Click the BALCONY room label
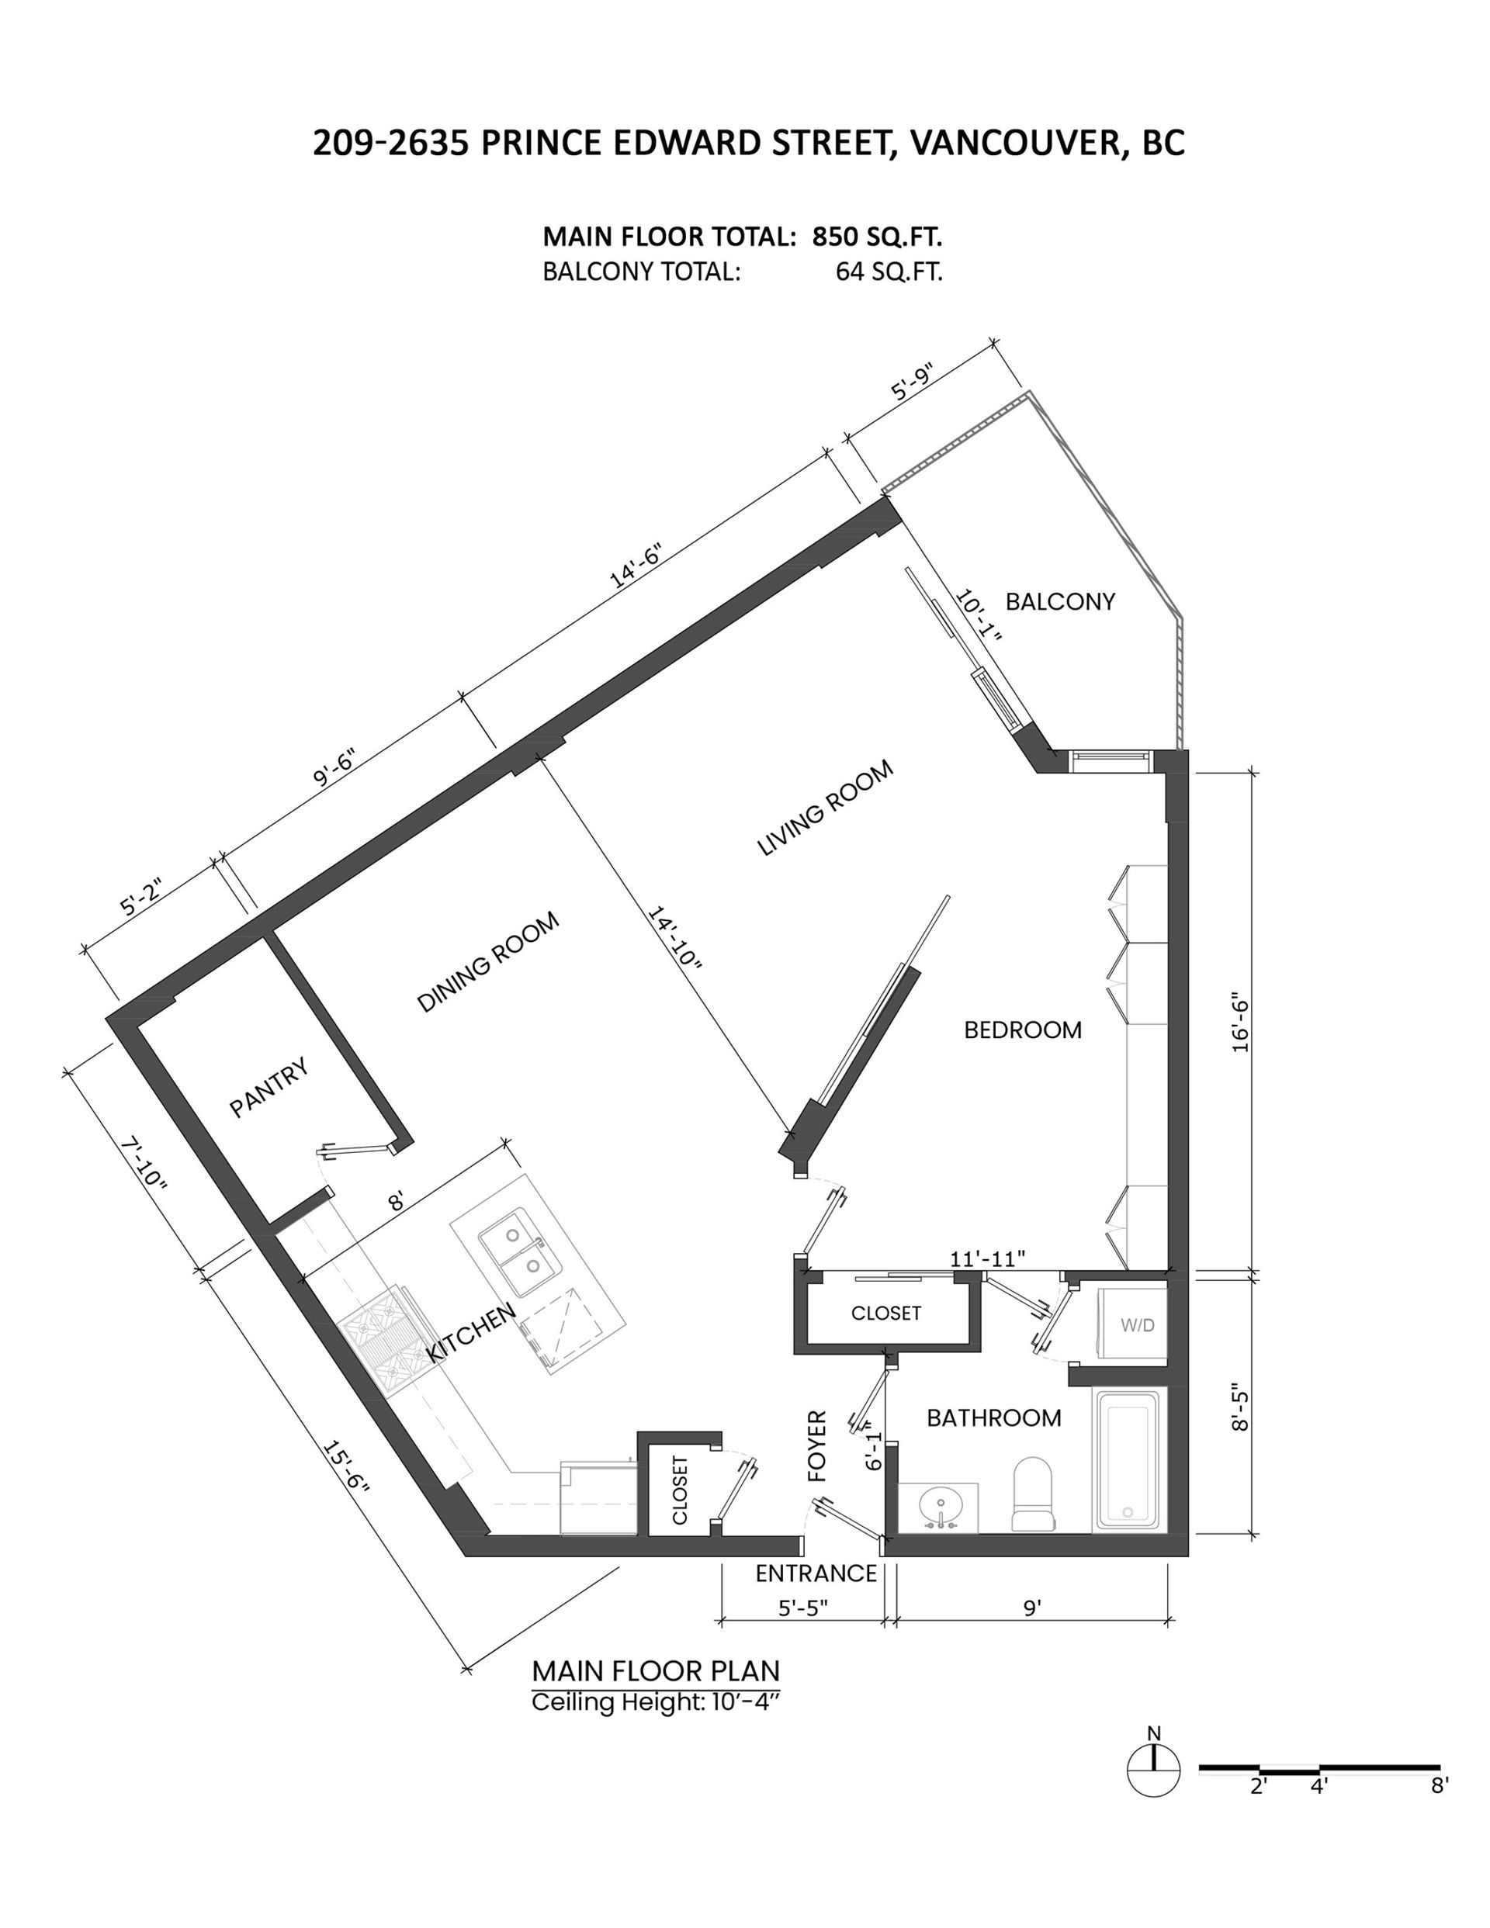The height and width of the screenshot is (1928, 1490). (1060, 602)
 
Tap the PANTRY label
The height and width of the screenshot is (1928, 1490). (269, 1087)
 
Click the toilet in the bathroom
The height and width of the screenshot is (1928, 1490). (1032, 1494)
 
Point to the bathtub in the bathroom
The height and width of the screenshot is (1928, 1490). (1126, 1461)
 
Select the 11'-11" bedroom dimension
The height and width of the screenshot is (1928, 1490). (987, 1258)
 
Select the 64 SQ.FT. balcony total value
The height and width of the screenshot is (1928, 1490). (889, 272)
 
